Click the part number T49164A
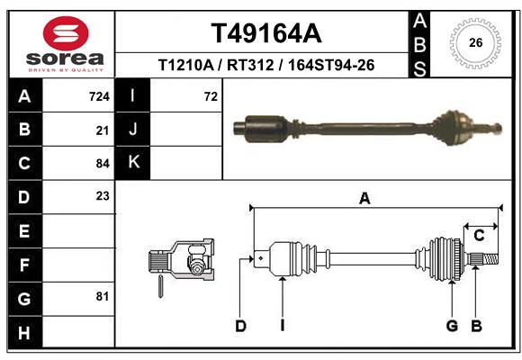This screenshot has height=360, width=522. point(265,33)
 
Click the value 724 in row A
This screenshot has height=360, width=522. point(100,96)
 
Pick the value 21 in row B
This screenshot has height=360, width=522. point(103,130)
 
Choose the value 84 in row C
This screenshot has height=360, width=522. point(103,164)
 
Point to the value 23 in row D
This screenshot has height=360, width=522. point(103,195)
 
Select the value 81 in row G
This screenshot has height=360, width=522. point(103,296)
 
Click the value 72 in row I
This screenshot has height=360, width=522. point(211,96)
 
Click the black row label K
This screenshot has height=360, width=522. point(132,163)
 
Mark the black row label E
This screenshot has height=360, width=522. point(23,231)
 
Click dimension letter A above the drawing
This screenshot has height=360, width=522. point(364,199)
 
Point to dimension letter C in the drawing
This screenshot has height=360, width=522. point(480,236)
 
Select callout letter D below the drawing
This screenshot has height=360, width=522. point(240,326)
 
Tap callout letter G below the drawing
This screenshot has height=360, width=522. point(453,326)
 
